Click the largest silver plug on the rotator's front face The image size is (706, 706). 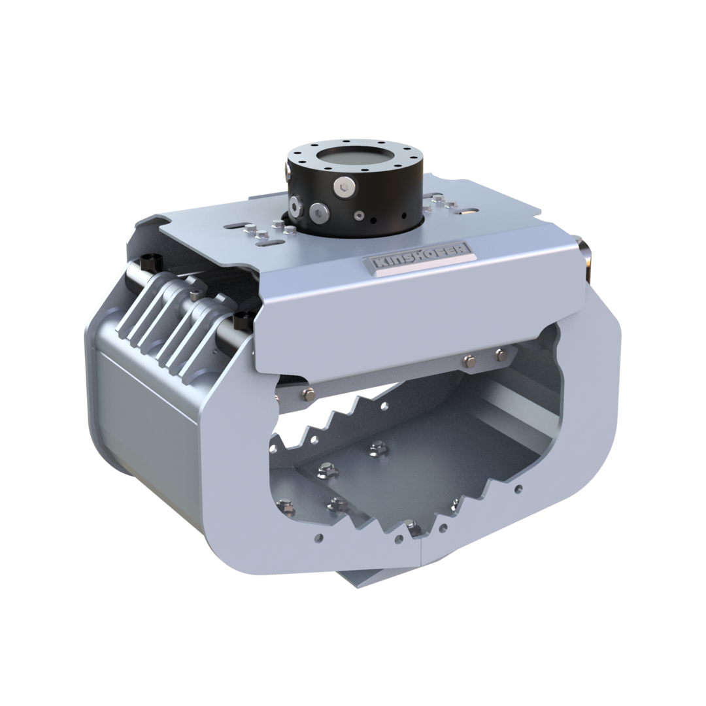[318, 211]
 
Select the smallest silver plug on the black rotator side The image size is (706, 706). [358, 214]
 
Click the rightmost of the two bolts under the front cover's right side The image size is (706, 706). [501, 354]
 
